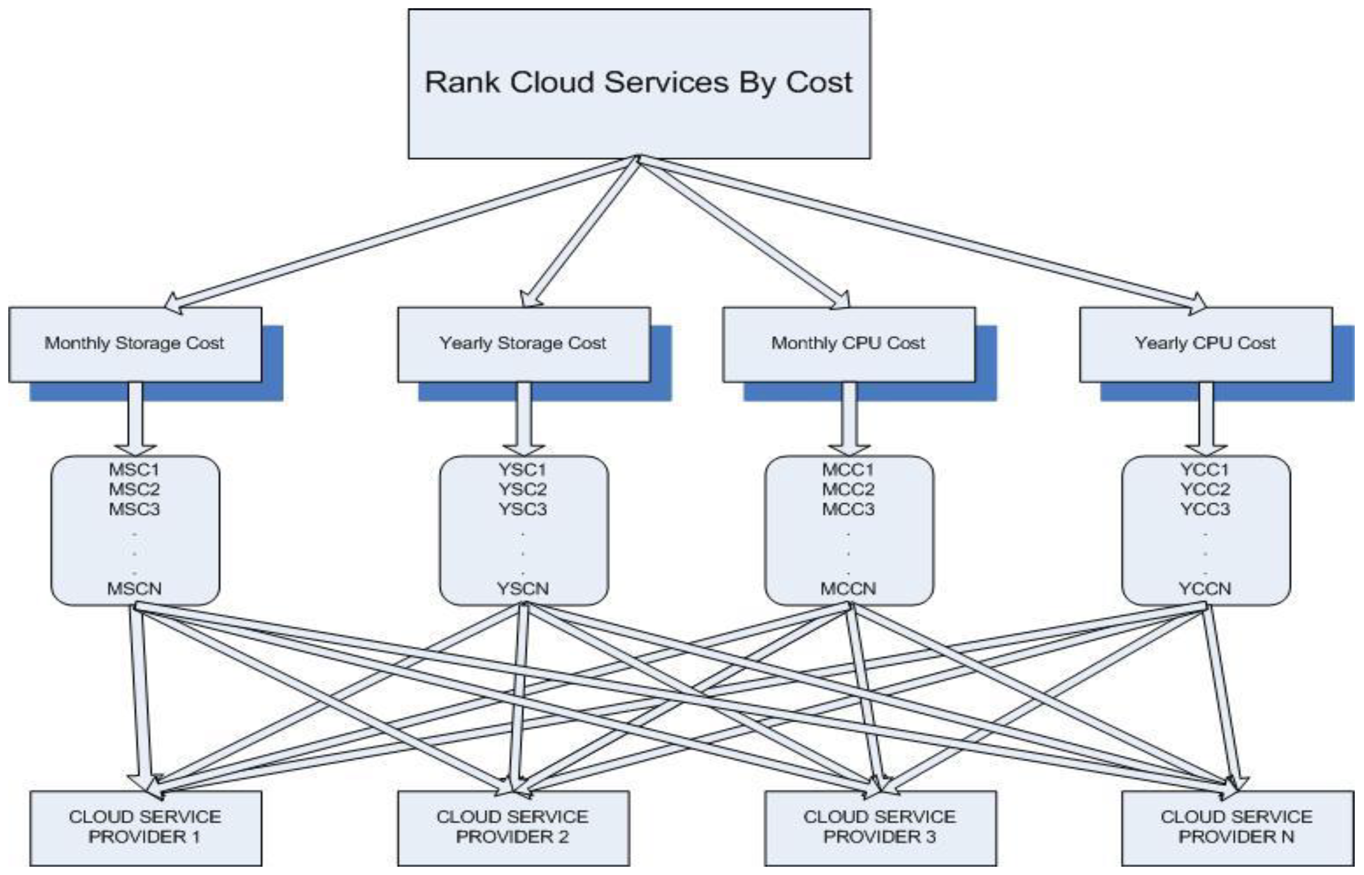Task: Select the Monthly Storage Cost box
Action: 135,344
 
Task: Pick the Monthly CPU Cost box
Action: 849,344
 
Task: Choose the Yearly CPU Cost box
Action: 1205,344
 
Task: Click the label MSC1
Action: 135,470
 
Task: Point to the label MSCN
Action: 135,589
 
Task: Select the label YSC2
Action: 523,489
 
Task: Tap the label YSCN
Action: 523,589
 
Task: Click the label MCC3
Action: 849,509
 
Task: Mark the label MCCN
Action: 849,589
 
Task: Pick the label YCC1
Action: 1205,470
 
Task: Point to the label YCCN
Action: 1205,589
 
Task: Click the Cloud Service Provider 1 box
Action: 145,828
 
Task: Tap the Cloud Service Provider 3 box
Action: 880,828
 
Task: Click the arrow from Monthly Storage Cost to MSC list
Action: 135,418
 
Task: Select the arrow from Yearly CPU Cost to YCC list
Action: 1205,418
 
